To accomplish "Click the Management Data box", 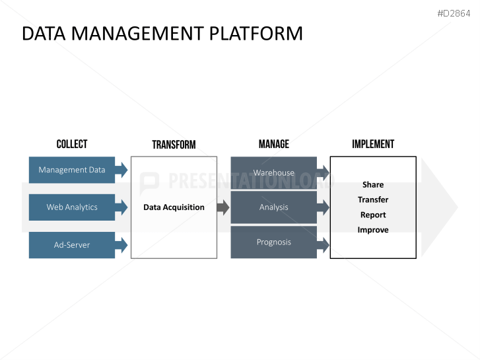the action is point(72,170).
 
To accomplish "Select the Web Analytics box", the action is point(72,207).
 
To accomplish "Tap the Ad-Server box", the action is point(72,245).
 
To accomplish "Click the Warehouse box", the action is point(274,173).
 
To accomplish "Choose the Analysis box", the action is point(274,207).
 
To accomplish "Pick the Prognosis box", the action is point(274,242).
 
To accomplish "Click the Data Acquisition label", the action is point(174,207).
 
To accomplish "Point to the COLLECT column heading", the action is point(72,144).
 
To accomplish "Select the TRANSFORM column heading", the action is point(174,145).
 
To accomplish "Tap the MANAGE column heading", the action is point(274,144).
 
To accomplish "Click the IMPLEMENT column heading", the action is point(373,144).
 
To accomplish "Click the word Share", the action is point(373,184).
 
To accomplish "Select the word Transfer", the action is point(373,199).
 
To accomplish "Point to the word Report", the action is point(373,215).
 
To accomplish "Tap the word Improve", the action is point(373,230).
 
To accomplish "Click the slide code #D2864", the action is point(454,13).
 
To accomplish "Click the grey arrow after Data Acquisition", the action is point(223,207).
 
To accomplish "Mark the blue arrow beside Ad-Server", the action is point(121,245).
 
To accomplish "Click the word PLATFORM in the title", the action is point(256,34).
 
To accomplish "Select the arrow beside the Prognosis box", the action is point(323,245).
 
